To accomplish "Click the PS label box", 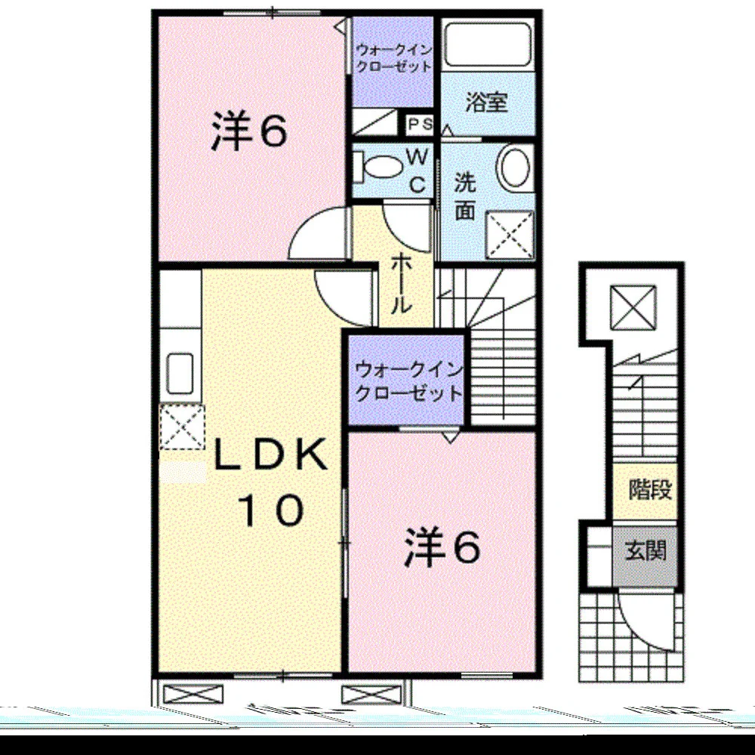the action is point(420,125).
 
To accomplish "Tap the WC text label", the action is point(417,170).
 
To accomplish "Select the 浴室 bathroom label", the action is point(486,102).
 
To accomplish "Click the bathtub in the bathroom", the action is point(488,44).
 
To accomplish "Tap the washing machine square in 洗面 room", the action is point(510,236).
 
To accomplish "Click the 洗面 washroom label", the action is point(465,196).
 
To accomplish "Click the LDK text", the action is point(270,455).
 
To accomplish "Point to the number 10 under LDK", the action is point(271,510).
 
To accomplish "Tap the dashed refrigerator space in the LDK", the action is point(182,427).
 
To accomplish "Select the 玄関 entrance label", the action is point(646,550).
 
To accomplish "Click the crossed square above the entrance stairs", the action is point(633,307).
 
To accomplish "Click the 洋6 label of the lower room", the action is point(442,547).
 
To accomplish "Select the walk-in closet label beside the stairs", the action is point(408,382).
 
